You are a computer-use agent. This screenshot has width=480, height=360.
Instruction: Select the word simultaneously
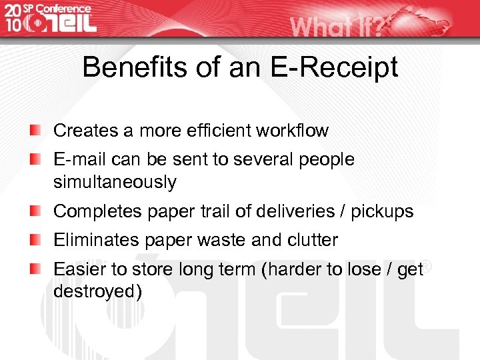pos(115,182)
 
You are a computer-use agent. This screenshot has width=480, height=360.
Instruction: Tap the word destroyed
pos(97,291)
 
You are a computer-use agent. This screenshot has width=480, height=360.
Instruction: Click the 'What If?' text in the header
pos(337,27)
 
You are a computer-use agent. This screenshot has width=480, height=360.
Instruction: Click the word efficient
pos(220,130)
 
